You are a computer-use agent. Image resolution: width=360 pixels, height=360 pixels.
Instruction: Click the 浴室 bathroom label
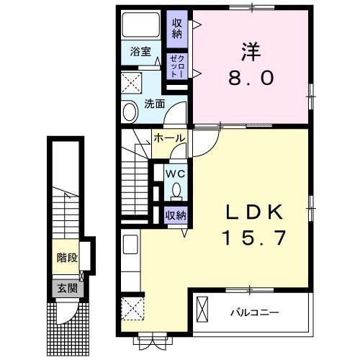[140, 52]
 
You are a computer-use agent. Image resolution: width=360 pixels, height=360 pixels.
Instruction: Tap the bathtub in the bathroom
[141, 25]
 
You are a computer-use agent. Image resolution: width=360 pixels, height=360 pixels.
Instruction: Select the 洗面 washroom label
[155, 104]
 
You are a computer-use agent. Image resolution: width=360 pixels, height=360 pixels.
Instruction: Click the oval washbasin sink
[130, 112]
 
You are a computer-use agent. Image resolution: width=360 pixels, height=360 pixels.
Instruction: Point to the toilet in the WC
[176, 192]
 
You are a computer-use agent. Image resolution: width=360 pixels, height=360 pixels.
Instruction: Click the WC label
[176, 174]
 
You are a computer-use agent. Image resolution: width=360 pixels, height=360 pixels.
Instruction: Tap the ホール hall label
[169, 138]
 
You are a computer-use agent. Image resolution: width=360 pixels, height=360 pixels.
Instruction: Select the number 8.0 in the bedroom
[251, 78]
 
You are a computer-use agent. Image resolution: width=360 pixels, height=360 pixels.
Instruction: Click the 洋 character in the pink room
[251, 51]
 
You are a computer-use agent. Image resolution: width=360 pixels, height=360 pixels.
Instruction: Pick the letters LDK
[254, 212]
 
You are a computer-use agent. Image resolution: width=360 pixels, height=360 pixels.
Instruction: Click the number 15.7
[254, 238]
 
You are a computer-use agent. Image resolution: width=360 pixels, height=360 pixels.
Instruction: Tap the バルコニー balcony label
[255, 312]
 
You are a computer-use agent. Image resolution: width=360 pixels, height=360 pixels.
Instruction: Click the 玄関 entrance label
[68, 288]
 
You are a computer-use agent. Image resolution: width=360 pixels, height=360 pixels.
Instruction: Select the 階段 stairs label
[67, 258]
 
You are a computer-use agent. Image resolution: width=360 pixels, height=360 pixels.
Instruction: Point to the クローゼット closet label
[177, 66]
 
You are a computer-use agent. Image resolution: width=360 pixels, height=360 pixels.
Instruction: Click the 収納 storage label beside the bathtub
[177, 29]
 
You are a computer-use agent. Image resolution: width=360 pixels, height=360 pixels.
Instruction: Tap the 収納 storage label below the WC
[176, 215]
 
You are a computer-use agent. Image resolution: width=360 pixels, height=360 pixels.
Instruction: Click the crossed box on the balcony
[202, 310]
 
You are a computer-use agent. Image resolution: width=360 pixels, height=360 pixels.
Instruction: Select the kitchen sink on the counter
[130, 244]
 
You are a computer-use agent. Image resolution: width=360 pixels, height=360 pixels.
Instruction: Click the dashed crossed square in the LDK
[132, 309]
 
